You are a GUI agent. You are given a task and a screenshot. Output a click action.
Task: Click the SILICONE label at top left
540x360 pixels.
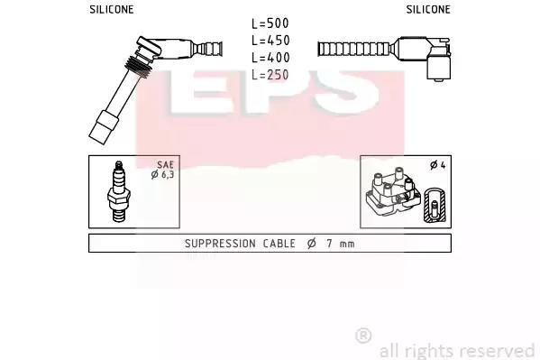coord(112,9)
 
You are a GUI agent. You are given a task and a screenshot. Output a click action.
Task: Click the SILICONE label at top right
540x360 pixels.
coord(428,9)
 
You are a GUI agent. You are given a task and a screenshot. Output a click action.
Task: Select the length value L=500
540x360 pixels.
coord(270,23)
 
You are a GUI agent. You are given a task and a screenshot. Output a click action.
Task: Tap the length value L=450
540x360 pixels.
coord(270,41)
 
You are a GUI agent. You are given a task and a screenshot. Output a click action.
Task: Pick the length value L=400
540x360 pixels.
coord(270,57)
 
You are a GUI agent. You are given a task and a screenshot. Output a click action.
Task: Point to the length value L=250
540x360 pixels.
coord(270,75)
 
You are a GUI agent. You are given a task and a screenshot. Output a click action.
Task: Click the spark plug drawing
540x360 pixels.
coord(118,191)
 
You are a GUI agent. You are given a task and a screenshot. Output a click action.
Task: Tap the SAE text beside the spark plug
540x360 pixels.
coord(165,165)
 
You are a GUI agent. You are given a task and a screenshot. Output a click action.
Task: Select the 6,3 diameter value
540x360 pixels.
coord(167,174)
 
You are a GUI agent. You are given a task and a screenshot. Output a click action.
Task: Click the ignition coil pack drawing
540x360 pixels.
coord(393,192)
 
